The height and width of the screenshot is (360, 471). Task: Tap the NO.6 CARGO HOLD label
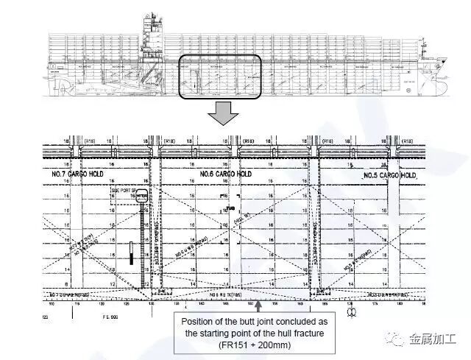(x=224, y=174)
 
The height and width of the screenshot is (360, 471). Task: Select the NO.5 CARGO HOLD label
(x=389, y=177)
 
